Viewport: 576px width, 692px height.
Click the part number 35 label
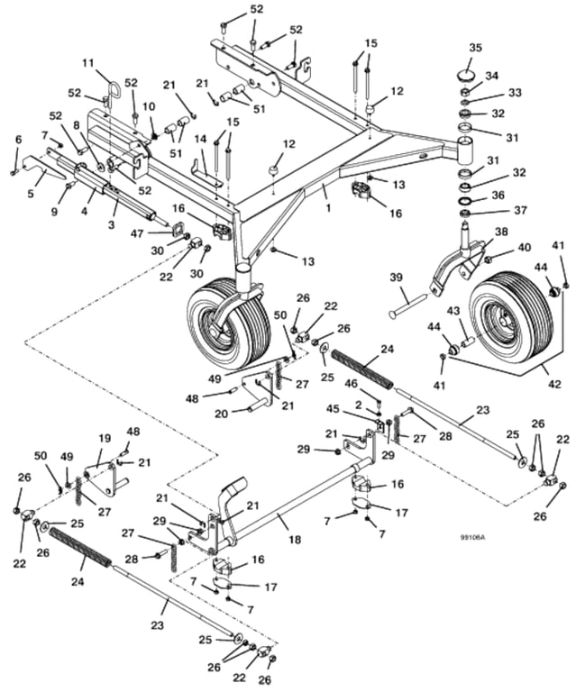[475, 47]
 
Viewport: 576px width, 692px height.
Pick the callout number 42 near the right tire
[554, 384]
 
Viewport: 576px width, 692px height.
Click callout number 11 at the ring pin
[87, 62]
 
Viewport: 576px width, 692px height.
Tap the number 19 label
[104, 437]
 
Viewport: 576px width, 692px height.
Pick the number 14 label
[200, 139]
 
